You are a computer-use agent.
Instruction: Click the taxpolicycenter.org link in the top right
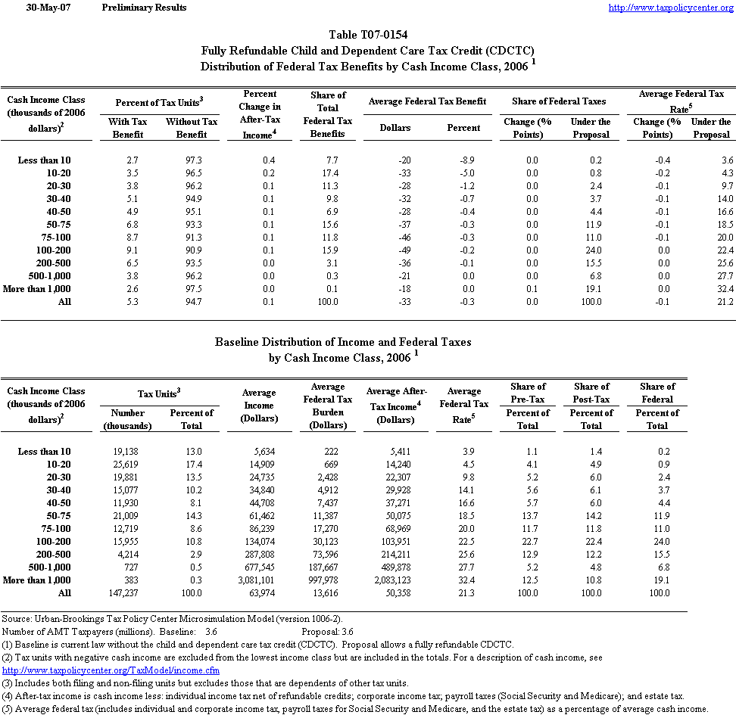(671, 8)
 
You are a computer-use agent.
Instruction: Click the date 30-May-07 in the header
(43, 8)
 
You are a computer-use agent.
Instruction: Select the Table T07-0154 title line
(367, 36)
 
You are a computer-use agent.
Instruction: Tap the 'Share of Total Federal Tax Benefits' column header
(328, 114)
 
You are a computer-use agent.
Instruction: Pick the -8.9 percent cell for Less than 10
(463, 160)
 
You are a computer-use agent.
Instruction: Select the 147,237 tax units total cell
(126, 593)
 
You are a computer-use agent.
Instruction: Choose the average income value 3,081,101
(258, 580)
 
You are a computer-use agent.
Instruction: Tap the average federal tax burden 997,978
(328, 580)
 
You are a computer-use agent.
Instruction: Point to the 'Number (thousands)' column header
(127, 419)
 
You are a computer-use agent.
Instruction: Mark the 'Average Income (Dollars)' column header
(258, 406)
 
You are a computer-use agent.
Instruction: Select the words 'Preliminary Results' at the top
(144, 8)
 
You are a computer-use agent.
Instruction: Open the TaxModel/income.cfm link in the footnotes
(111, 670)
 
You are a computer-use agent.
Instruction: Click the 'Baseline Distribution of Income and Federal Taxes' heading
(343, 342)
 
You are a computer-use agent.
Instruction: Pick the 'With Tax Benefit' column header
(128, 128)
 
